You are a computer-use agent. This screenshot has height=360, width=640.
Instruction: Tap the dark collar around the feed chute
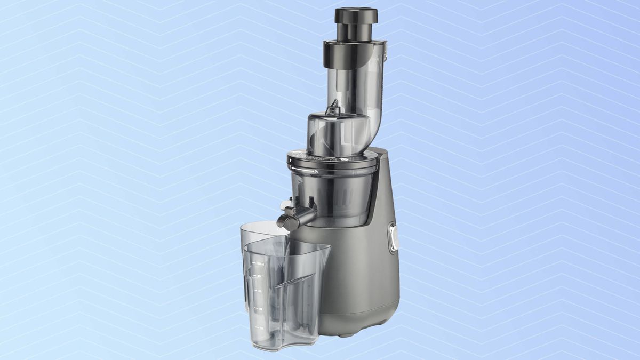tap(352, 52)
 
